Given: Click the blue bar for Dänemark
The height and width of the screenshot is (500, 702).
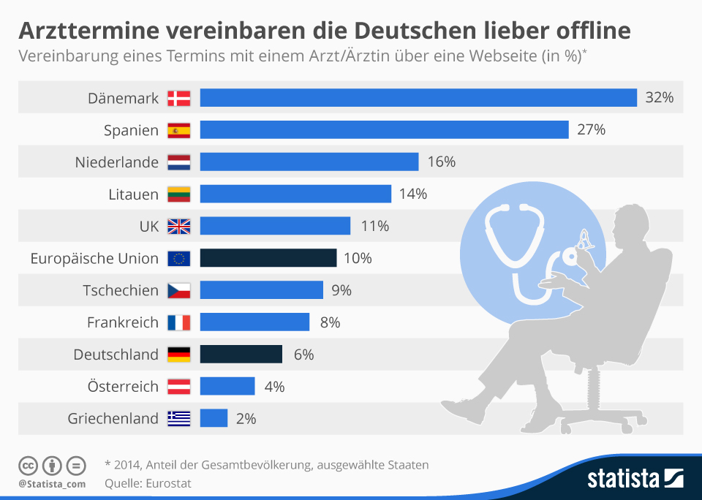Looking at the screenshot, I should click(418, 98).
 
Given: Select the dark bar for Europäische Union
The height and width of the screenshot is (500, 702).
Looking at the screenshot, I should click(268, 258).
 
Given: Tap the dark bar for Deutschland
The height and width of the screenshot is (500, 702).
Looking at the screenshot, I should click(241, 355).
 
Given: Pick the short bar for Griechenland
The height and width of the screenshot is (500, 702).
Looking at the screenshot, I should click(214, 418).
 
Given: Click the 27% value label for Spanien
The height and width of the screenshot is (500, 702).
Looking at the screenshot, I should click(592, 130).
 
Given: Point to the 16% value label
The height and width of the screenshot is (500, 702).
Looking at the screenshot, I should click(441, 162).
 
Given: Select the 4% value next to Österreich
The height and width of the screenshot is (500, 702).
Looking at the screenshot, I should click(274, 387).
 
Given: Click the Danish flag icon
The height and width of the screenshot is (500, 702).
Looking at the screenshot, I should click(178, 98).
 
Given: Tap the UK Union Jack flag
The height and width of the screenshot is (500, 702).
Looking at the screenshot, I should click(178, 227).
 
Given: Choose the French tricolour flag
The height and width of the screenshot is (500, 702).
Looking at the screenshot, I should click(178, 322).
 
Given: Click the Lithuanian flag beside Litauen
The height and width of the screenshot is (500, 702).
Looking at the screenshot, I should click(178, 194).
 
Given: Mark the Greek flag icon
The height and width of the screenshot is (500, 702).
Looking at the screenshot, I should click(178, 419).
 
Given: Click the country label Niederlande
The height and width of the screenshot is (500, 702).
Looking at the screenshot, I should click(117, 162).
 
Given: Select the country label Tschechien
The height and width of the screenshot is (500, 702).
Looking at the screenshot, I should click(121, 290).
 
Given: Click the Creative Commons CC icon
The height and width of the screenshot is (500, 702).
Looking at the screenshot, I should click(29, 466).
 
